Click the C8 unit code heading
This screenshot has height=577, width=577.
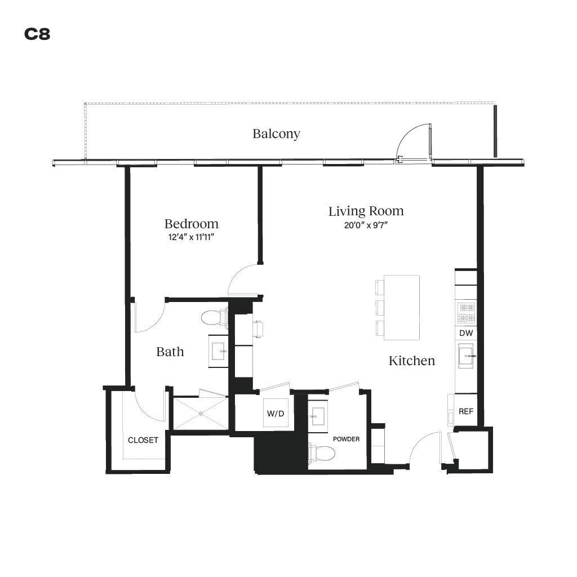click(37, 34)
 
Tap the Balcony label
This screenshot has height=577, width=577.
click(276, 134)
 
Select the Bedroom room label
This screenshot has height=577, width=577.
click(191, 224)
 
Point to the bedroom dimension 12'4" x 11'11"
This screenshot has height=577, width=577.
click(191, 237)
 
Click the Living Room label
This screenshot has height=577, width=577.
click(366, 211)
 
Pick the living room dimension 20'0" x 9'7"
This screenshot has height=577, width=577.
click(366, 225)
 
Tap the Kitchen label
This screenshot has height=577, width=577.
click(411, 361)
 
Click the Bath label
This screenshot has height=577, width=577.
click(170, 352)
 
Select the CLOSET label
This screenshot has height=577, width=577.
click(143, 440)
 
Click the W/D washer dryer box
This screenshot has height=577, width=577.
click(276, 414)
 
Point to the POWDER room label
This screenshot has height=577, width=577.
click(346, 439)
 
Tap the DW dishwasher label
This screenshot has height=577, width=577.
click(465, 333)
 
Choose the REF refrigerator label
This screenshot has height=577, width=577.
click(465, 411)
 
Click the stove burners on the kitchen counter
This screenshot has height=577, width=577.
click(466, 312)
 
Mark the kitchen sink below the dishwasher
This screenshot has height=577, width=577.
click(466, 357)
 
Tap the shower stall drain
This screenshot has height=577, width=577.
click(200, 414)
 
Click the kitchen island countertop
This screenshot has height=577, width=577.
click(401, 307)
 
